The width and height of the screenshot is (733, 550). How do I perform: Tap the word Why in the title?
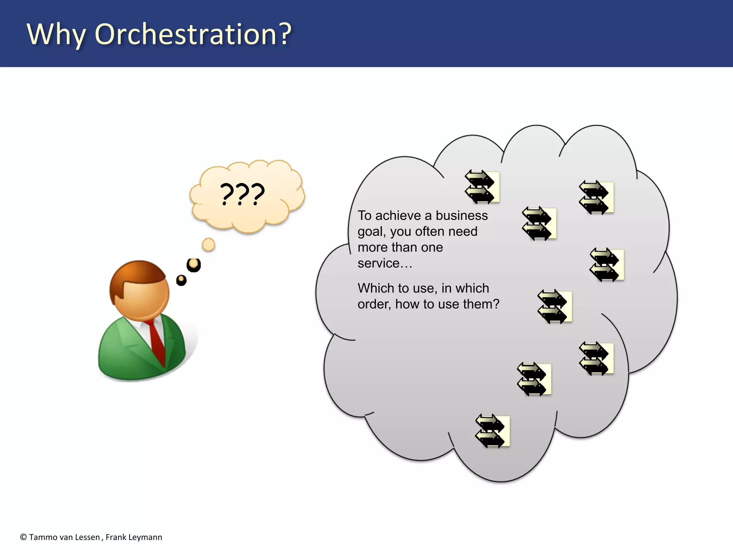tap(56, 35)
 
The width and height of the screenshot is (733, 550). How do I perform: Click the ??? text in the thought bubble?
tap(242, 194)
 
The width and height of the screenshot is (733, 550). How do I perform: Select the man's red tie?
tap(156, 340)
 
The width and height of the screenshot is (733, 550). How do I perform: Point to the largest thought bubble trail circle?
tap(208, 245)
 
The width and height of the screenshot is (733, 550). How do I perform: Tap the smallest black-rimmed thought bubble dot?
tap(181, 280)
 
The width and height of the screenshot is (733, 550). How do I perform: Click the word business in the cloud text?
tap(462, 216)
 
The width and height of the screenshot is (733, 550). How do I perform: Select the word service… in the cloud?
tap(385, 263)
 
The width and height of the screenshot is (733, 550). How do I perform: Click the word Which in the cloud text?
tap(376, 288)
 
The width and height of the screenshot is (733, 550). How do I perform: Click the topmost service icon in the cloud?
tap(482, 187)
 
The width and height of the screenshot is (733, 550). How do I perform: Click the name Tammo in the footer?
tap(40, 537)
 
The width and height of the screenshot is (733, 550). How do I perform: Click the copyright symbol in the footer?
tap(24, 537)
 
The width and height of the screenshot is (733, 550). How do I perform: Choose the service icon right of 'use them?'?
tap(555, 307)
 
